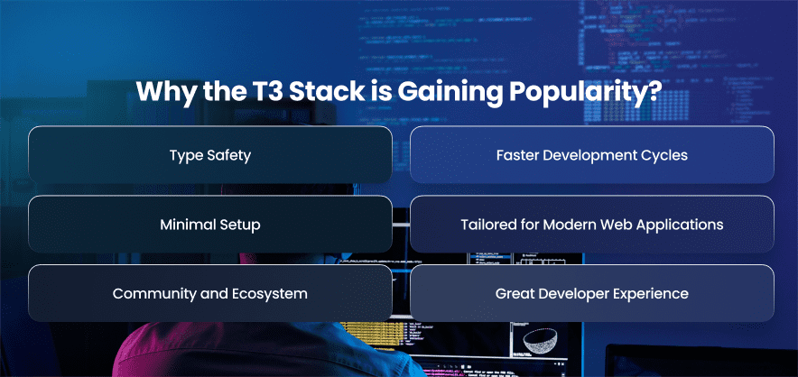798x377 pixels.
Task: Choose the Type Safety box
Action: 210,154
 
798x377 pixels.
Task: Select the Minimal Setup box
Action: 210,224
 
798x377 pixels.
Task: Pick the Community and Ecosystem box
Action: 210,293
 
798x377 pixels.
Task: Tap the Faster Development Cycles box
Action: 592,154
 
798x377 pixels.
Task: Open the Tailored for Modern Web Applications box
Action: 592,224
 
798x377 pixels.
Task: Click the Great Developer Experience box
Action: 592,293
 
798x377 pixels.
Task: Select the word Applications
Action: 684,225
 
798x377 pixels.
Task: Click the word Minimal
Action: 186,225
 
